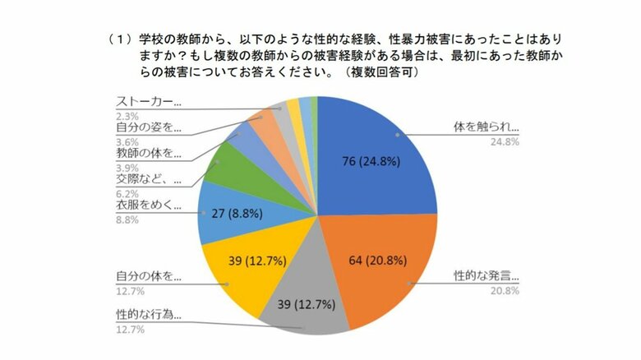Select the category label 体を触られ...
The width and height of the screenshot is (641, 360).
486,128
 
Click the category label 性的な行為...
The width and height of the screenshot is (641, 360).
147,314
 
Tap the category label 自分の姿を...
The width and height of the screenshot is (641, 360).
147,127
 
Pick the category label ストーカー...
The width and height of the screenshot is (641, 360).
149,103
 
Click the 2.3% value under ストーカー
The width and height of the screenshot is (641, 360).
125,116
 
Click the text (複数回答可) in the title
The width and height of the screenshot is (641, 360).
382,72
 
